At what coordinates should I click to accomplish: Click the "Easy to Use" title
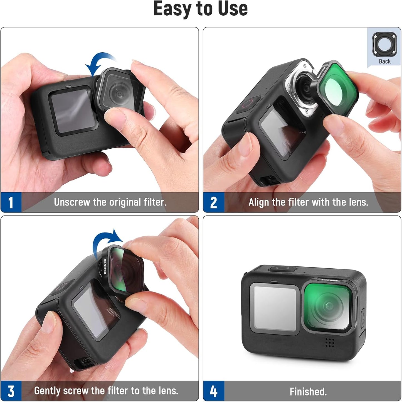pyautogui.click(x=201, y=9)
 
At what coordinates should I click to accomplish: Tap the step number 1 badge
pyautogui.click(x=11, y=202)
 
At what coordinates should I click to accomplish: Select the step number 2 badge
pyautogui.click(x=213, y=202)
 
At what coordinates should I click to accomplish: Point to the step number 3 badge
pyautogui.click(x=11, y=391)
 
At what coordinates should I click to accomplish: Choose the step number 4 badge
pyautogui.click(x=213, y=391)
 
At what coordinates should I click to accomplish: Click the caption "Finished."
pyautogui.click(x=308, y=392)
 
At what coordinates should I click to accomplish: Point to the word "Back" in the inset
pyautogui.click(x=384, y=62)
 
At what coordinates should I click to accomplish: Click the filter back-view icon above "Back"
pyautogui.click(x=384, y=44)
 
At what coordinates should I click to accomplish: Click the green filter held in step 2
pyautogui.click(x=338, y=89)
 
